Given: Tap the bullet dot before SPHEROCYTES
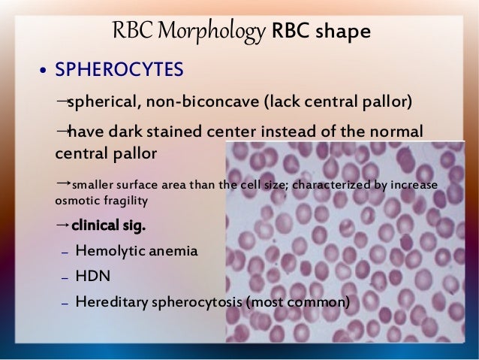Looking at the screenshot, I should tap(44, 71).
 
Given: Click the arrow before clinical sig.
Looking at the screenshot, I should tap(62, 225).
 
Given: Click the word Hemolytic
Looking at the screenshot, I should tap(109, 251).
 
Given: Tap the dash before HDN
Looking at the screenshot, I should tap(65, 277).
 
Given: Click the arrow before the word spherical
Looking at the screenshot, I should tap(62, 100).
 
